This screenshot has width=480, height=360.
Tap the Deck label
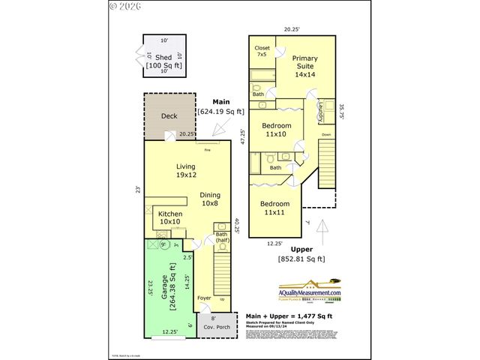point(169,116)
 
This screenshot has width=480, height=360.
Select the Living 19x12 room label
point(185,170)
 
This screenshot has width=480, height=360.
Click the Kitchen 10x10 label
point(169,217)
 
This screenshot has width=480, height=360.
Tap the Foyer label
point(204,298)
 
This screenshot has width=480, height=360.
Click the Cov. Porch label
point(218,326)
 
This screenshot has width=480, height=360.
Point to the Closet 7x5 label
point(262,51)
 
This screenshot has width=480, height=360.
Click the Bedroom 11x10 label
point(276,129)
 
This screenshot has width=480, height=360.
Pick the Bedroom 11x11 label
point(275,208)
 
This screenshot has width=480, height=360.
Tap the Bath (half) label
point(223,237)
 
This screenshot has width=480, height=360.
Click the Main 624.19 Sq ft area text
point(221,106)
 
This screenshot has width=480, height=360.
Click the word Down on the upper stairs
point(325,135)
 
